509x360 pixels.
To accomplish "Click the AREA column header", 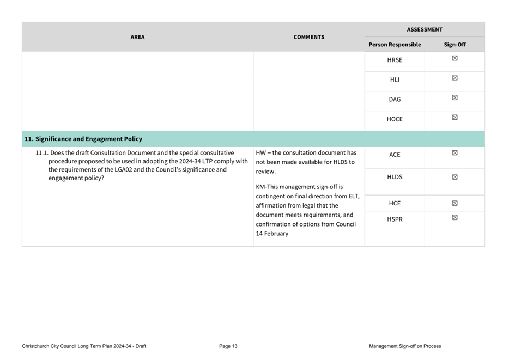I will [137, 37].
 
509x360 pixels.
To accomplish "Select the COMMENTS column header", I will [308, 37].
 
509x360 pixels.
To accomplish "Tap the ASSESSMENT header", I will [425, 29].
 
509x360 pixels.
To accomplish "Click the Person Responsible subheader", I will [395, 45].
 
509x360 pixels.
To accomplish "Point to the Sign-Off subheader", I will [455, 45].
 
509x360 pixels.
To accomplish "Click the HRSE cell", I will [395, 60].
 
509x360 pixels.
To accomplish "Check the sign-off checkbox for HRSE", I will [455, 58].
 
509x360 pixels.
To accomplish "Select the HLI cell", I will [395, 80].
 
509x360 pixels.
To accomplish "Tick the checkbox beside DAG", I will [455, 98].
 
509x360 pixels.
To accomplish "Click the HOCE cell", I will [395, 119].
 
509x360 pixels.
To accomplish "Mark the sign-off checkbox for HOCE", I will [455, 118].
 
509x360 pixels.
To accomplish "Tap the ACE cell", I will [395, 155].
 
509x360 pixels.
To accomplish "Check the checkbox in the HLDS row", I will [455, 178].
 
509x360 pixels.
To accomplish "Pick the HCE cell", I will [395, 203].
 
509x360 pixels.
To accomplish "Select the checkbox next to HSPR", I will [455, 218].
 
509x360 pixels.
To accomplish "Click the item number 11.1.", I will [41, 153].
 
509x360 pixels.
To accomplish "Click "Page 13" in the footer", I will [228, 346].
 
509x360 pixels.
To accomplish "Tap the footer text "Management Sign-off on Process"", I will [404, 346].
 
